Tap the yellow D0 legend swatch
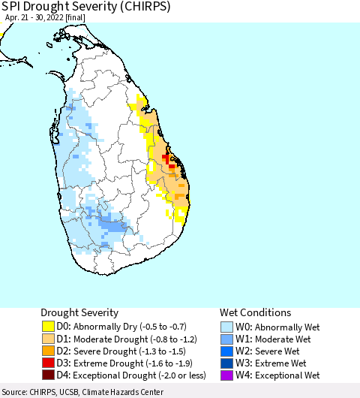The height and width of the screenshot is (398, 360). (49, 327)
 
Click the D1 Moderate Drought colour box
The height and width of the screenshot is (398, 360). (49, 339)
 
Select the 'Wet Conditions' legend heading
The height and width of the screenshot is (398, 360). (255, 312)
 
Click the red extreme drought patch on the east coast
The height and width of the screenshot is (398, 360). (166, 158)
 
